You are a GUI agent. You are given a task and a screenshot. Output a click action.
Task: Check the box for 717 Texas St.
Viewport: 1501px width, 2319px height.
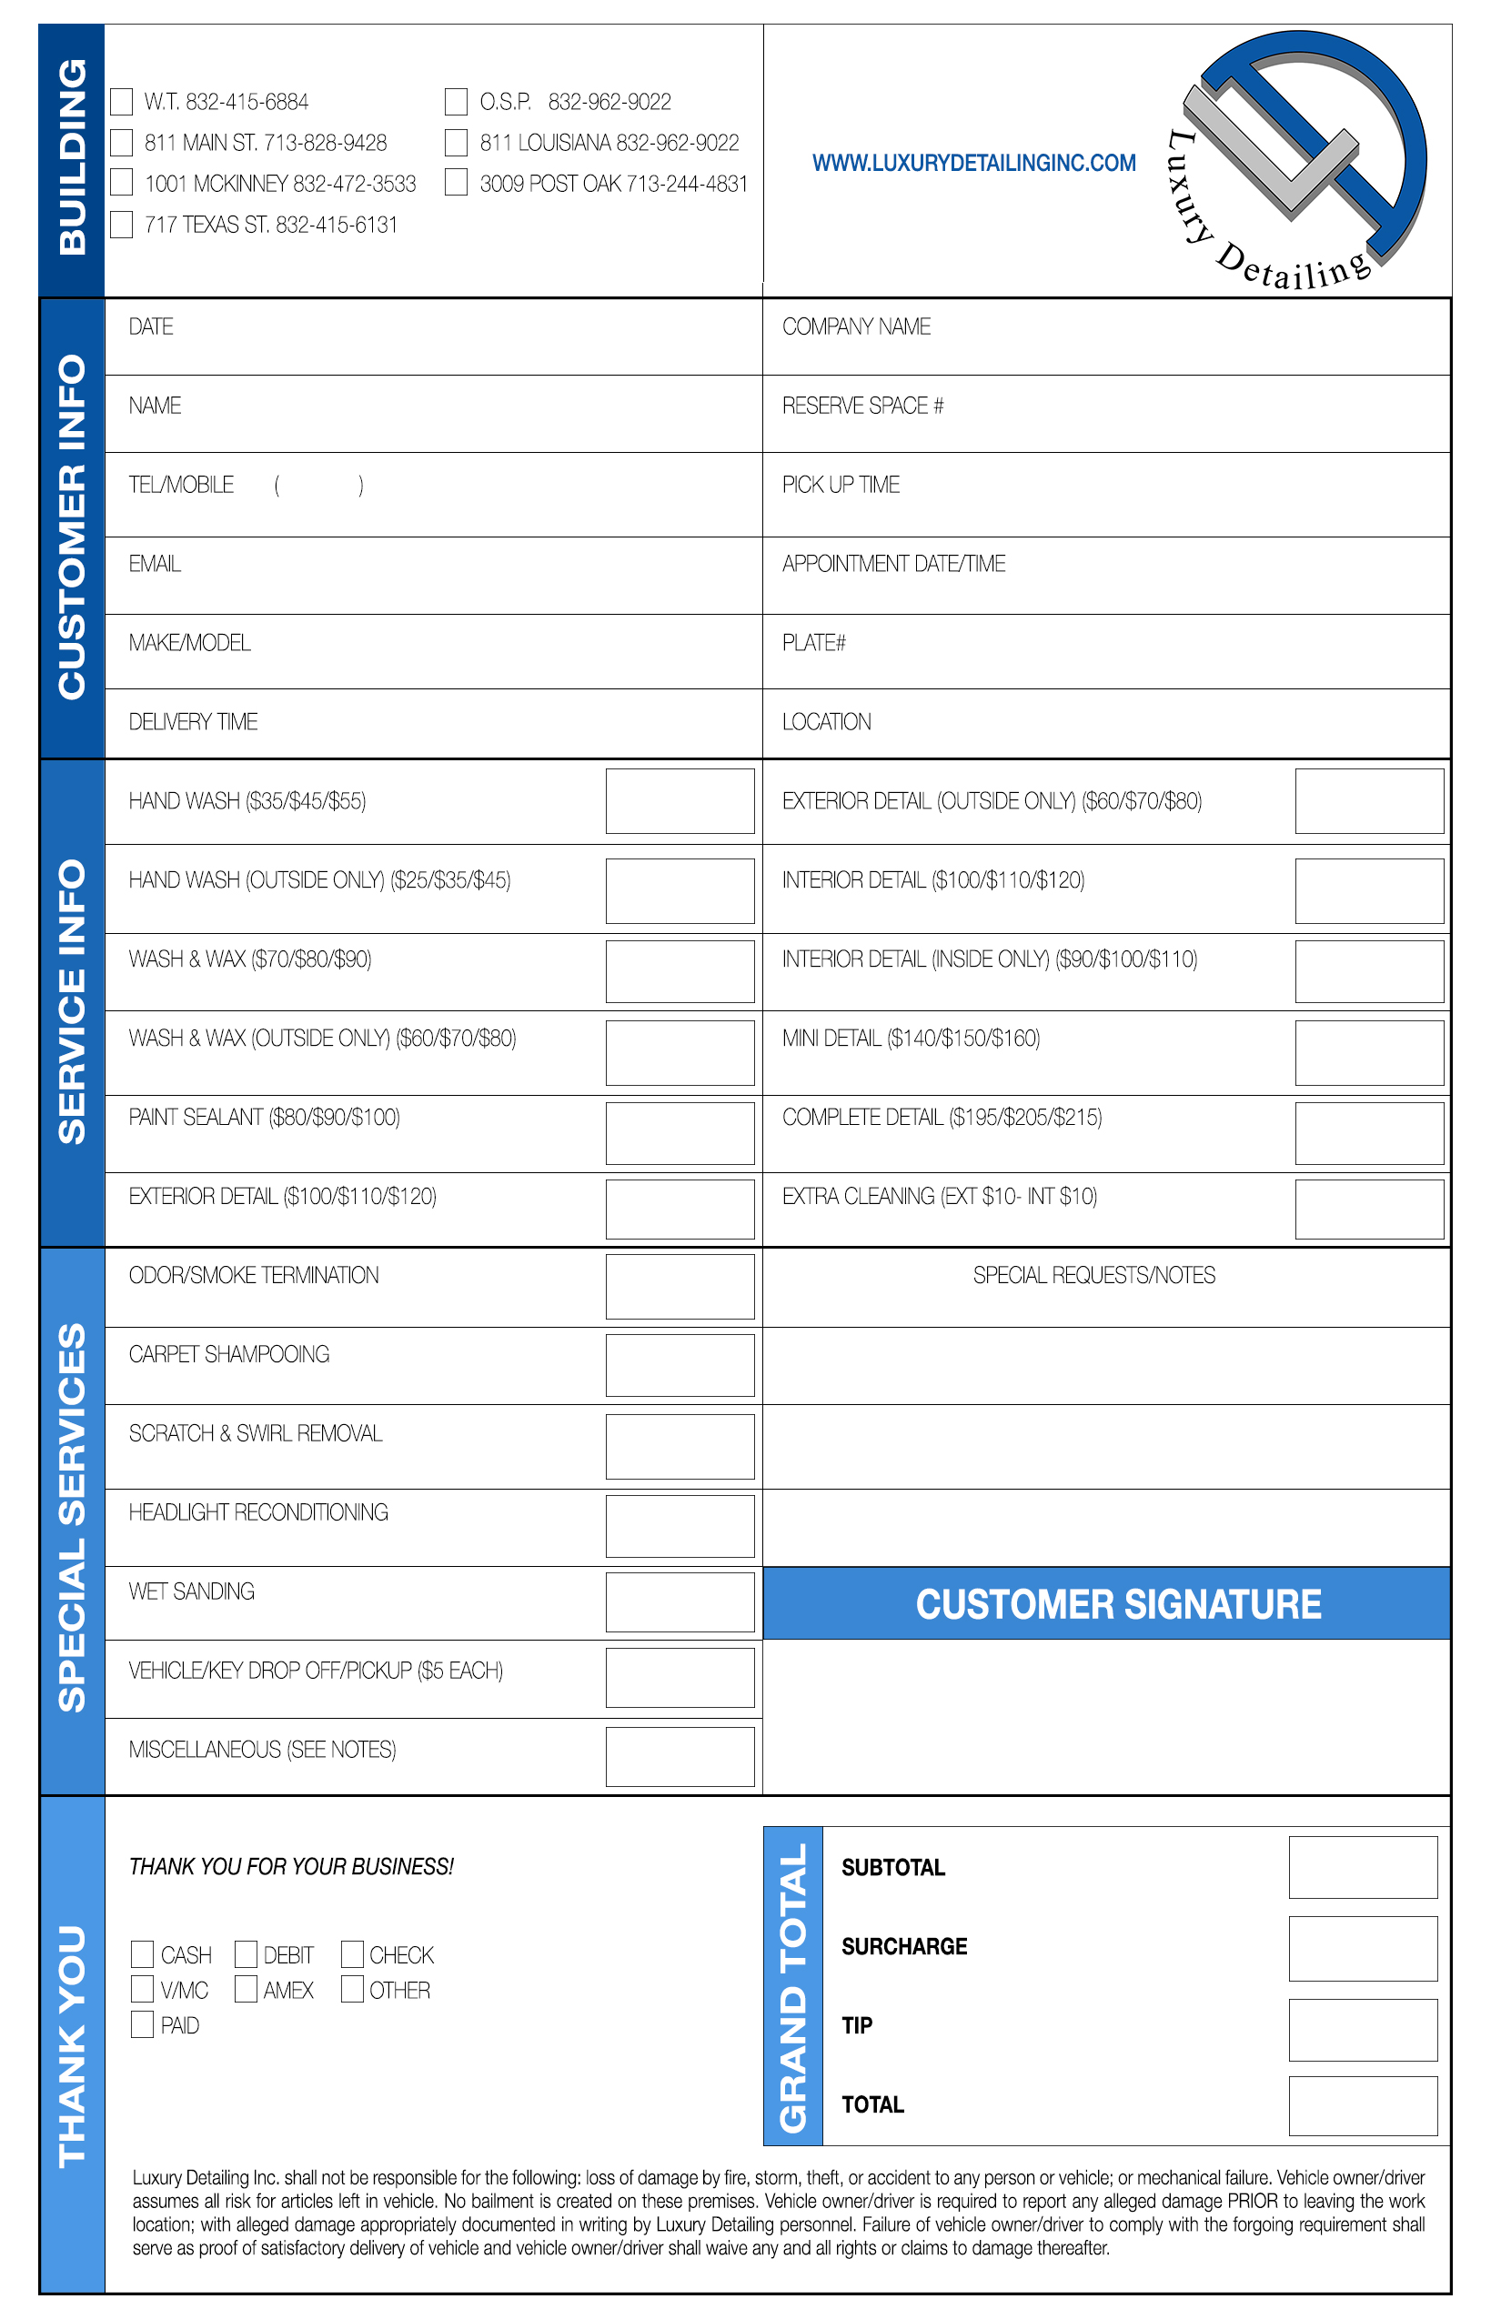(x=122, y=226)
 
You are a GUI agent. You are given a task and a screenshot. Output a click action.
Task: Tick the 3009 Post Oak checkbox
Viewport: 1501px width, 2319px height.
(x=456, y=183)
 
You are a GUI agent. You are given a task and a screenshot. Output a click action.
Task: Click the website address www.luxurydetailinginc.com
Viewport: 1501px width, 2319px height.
(x=973, y=163)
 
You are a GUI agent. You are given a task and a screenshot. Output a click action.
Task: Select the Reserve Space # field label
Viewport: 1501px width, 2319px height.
(x=862, y=406)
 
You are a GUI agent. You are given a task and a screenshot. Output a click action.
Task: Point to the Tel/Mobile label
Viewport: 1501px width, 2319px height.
(x=181, y=484)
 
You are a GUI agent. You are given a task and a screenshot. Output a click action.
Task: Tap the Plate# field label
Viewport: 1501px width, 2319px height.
(x=814, y=643)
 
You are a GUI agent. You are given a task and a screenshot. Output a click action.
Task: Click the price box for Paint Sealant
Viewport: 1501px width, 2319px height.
(x=680, y=1133)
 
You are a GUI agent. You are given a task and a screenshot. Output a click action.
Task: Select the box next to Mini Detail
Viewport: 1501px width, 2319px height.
(x=1368, y=1052)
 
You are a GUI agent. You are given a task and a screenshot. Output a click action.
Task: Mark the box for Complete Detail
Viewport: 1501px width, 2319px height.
(x=1368, y=1133)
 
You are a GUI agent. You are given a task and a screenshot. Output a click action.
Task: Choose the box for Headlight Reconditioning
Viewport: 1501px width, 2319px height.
(x=680, y=1526)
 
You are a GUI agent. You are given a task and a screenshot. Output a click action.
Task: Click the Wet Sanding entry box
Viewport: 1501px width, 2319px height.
(x=680, y=1601)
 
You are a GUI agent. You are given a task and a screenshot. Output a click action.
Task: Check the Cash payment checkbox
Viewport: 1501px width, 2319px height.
(x=142, y=1953)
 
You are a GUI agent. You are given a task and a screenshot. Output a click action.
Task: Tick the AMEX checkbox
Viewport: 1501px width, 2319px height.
(x=247, y=1989)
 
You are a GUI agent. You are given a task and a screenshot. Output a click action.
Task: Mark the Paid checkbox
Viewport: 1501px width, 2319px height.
(x=142, y=2023)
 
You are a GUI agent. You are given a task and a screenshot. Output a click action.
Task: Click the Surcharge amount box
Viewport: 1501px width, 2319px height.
(x=1363, y=1949)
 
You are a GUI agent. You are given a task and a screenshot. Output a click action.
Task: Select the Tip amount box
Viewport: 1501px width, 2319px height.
(x=1363, y=2030)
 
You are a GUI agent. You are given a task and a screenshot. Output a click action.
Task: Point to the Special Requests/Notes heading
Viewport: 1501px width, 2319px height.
(x=1093, y=1275)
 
